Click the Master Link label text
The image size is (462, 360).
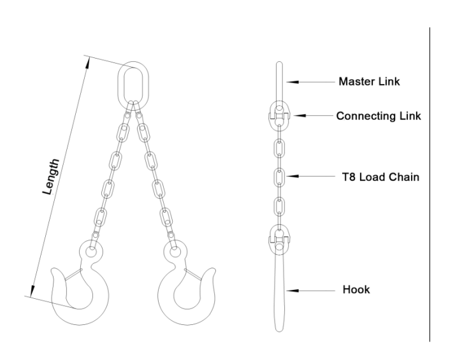pyautogui.click(x=369, y=82)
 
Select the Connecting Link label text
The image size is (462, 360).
pyautogui.click(x=379, y=116)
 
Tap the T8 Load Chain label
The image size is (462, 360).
pyautogui.click(x=380, y=176)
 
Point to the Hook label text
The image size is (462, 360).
pyautogui.click(x=356, y=289)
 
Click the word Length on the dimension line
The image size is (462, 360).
pyautogui.click(x=51, y=176)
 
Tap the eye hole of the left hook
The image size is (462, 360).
pyautogui.click(x=91, y=252)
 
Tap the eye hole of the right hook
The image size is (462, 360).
pyautogui.click(x=175, y=252)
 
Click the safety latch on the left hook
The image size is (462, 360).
pyautogui.click(x=73, y=274)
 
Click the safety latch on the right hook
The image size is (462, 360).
pyautogui.click(x=193, y=274)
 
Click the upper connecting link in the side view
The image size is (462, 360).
pyautogui.click(x=279, y=115)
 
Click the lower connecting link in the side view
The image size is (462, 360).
pyautogui.click(x=279, y=239)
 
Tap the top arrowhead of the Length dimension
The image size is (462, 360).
pyautogui.click(x=88, y=63)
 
